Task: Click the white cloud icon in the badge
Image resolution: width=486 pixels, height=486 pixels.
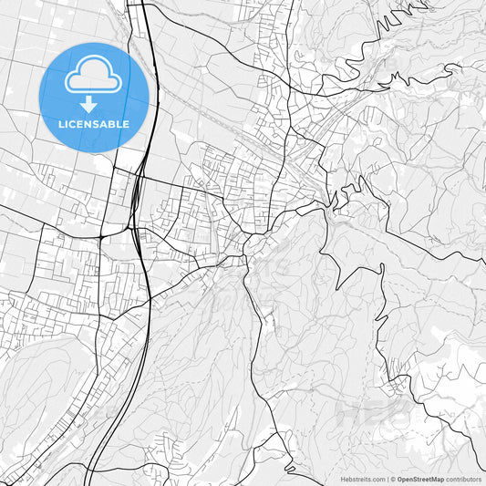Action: (x=94, y=77)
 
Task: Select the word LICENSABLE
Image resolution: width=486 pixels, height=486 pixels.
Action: (x=94, y=124)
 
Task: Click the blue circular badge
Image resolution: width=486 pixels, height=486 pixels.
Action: (x=94, y=97)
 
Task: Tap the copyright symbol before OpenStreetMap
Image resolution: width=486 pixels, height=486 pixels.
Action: (x=393, y=479)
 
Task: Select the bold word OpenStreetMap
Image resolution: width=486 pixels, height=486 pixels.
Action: (x=420, y=479)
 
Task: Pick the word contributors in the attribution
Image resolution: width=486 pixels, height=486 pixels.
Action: (x=463, y=479)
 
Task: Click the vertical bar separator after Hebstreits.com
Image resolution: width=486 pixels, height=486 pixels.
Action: (x=388, y=479)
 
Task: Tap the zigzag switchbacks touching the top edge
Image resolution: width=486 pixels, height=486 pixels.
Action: (x=397, y=18)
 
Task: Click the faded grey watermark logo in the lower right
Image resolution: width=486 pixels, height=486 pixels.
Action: (x=374, y=415)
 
